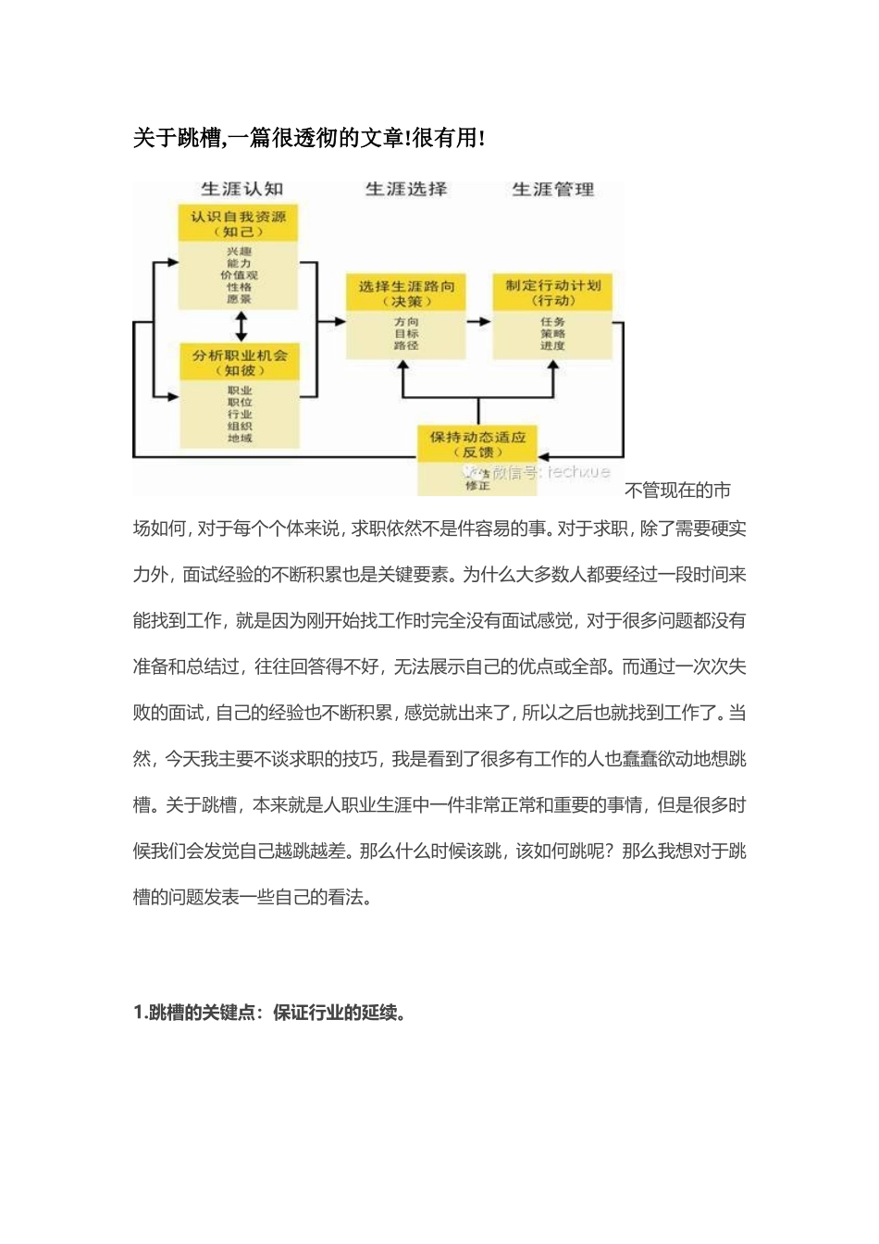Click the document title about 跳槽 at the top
coord(308,138)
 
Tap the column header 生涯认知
coord(241,189)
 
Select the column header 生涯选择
coord(406,189)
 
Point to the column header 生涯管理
coord(553,189)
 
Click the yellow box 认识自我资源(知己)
coord(239,224)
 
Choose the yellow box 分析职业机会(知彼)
coord(240,362)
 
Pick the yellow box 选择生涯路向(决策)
coord(406,293)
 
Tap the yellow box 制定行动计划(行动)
coord(553,292)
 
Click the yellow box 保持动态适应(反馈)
coord(477,443)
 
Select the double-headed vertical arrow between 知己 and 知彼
coord(241,327)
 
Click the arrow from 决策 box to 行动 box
coord(478,322)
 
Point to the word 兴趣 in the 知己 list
coord(240,252)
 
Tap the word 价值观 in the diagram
coord(240,276)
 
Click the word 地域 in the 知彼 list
coord(240,438)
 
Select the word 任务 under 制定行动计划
coord(553,322)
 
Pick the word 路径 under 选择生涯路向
coord(406,346)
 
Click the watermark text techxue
coord(578,472)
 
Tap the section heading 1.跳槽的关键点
coord(270,1013)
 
